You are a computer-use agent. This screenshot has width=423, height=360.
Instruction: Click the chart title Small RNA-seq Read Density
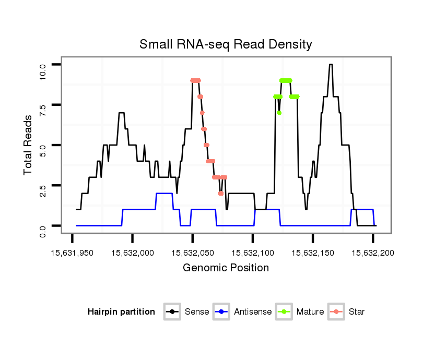[226, 44]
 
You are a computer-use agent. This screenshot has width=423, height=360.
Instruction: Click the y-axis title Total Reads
[29, 145]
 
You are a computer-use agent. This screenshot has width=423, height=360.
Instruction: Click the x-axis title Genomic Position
[226, 268]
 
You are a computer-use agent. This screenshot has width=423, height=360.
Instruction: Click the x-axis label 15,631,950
[72, 253]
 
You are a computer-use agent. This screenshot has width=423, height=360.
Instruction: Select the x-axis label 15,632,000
[132, 253]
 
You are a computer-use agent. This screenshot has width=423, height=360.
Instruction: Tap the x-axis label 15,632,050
[192, 253]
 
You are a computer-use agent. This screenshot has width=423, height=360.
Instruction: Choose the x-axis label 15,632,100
[252, 253]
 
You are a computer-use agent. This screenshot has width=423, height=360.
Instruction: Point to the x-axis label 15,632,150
[312, 253]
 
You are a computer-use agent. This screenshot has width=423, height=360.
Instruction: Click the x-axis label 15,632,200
[372, 253]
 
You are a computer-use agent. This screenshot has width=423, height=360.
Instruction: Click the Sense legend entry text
[197, 312]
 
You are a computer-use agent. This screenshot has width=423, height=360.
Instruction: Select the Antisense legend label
[253, 312]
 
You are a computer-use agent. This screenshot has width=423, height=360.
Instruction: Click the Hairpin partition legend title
[121, 312]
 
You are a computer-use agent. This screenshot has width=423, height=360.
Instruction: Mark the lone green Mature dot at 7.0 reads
[279, 113]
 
